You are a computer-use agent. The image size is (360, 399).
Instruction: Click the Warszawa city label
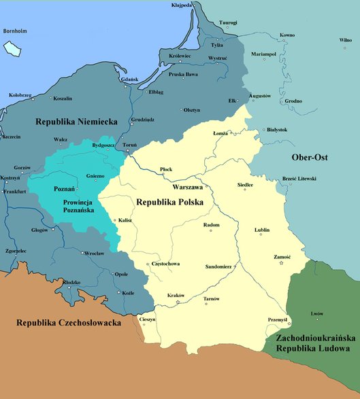point(189,186)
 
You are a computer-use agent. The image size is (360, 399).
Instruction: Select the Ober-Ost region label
point(310,158)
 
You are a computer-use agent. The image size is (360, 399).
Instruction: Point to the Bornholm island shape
point(12,48)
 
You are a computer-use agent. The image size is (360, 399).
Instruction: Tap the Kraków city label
point(176,296)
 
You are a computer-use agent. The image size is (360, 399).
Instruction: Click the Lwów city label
point(317,313)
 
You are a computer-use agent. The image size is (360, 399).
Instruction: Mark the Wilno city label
point(346,40)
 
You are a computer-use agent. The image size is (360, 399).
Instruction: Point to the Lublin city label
point(262,230)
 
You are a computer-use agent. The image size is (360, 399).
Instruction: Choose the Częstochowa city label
point(166,264)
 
